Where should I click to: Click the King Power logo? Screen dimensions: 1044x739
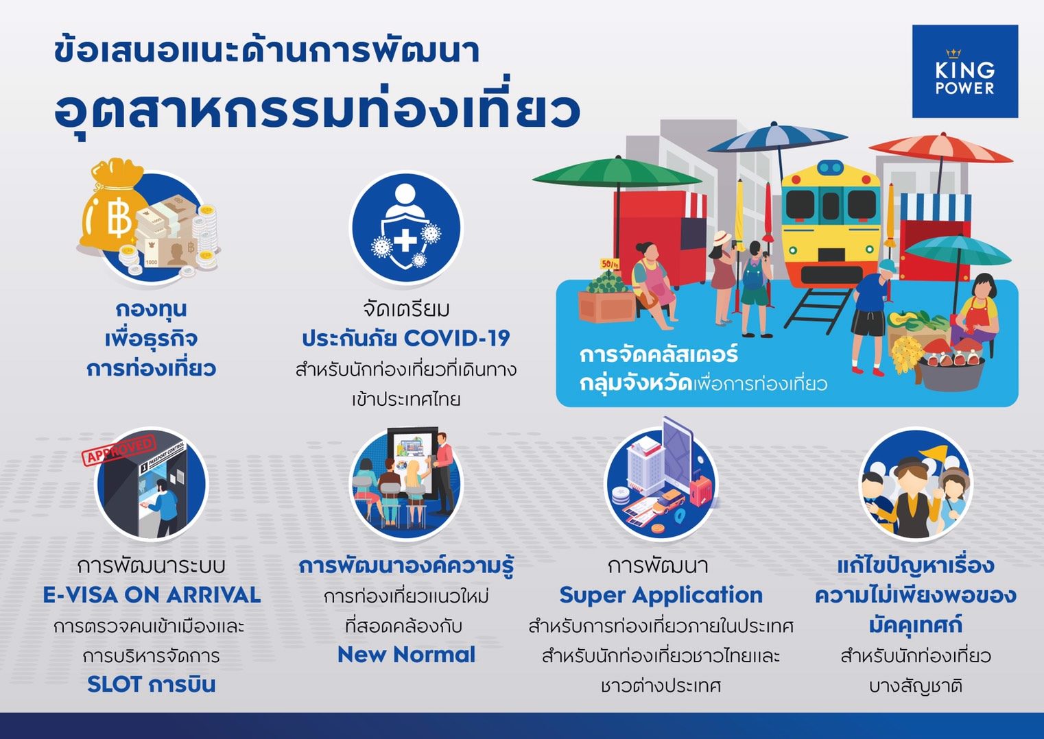[x=964, y=71]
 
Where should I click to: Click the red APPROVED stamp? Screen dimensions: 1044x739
[x=119, y=450]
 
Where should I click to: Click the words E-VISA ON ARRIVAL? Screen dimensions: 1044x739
[x=152, y=595]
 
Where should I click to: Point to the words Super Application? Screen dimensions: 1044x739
[x=661, y=596]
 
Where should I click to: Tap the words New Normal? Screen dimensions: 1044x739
[x=406, y=655]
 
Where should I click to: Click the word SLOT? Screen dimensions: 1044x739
[x=113, y=685]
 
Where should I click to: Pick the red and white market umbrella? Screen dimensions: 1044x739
[x=940, y=148]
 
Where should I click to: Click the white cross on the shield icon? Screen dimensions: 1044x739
[x=405, y=241]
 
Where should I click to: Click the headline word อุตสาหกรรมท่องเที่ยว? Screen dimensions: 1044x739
[x=317, y=112]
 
